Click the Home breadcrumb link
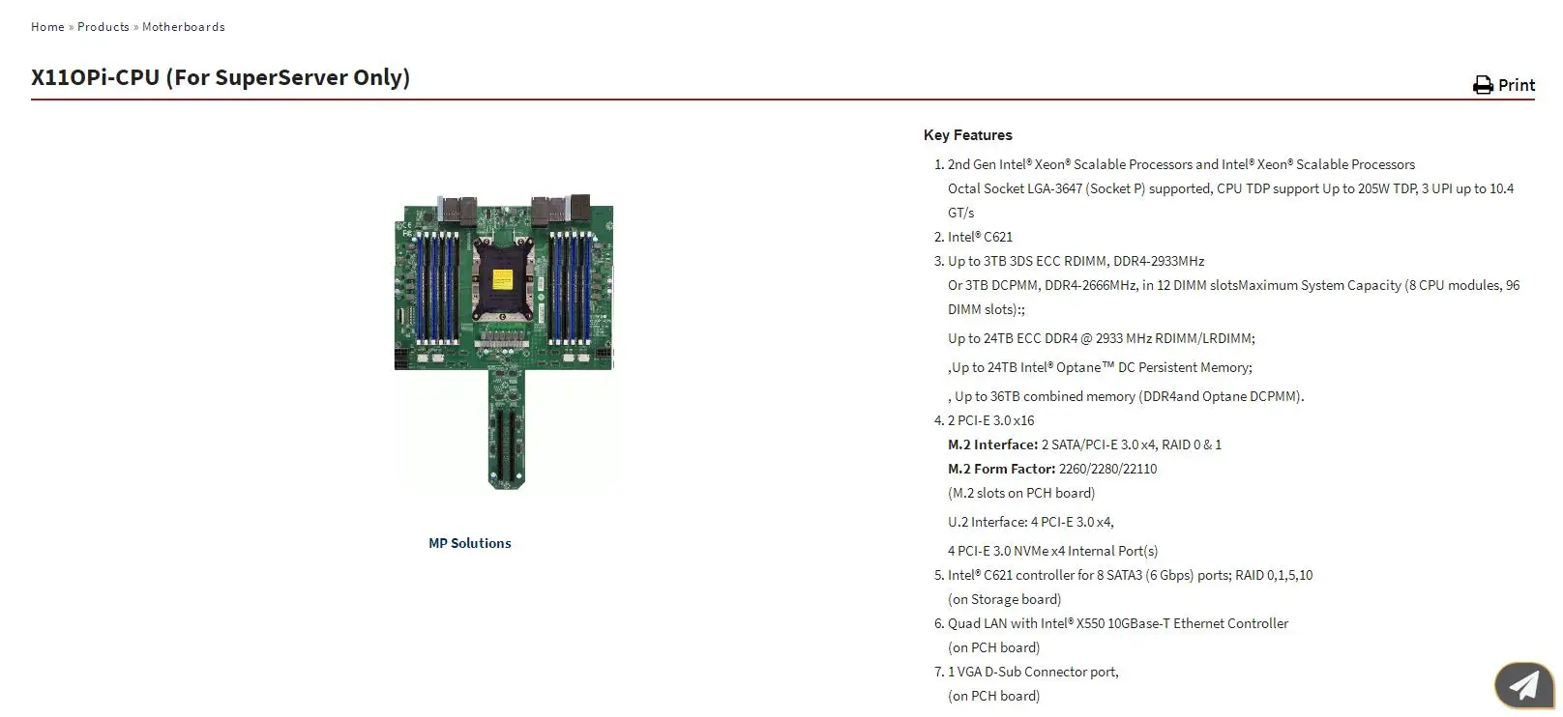pos(47,27)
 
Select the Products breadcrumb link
pos(103,27)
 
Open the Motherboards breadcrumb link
pos(184,27)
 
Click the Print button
pos(1515,85)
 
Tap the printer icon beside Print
pos(1483,86)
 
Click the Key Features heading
pos(967,135)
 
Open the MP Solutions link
pos(470,543)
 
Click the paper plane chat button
pos(1523,685)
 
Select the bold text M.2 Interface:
pos(992,445)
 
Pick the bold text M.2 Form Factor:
pos(1001,469)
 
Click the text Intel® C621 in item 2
pos(980,237)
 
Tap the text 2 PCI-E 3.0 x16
pos(990,420)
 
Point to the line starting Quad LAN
pos(1118,623)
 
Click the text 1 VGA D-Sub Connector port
pos(1033,672)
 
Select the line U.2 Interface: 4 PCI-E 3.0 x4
pos(1031,522)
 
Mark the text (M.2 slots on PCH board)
pos(1021,493)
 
